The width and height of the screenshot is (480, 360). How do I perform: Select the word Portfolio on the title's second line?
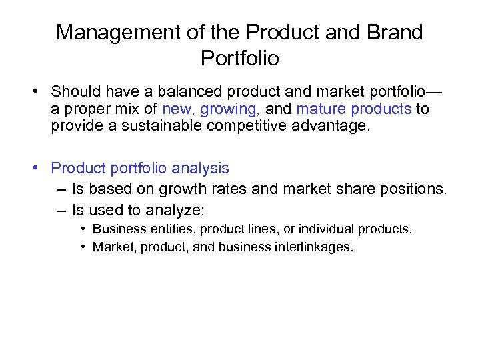[x=239, y=59]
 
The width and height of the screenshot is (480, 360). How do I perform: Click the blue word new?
[x=176, y=109]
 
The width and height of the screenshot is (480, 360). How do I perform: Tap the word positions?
[x=413, y=190]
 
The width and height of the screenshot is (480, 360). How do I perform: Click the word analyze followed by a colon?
[x=178, y=211]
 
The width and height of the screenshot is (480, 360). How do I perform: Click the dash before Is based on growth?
[x=61, y=190]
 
